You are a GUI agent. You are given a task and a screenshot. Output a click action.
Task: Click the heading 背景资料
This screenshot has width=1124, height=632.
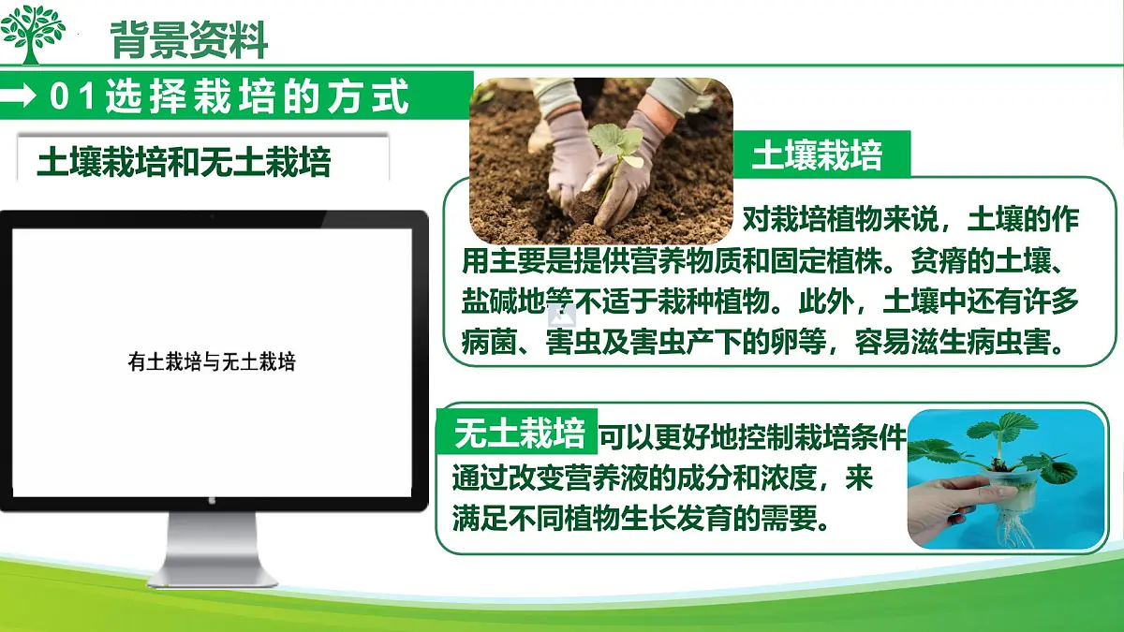pos(188,39)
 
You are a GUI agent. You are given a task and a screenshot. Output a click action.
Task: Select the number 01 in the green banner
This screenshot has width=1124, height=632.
pos(74,96)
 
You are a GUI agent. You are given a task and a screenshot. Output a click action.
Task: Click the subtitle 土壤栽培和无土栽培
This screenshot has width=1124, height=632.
pos(185,162)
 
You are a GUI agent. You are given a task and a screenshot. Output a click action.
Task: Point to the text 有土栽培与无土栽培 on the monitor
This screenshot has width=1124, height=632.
pos(212,361)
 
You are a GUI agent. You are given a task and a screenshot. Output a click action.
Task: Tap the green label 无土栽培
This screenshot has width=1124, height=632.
pos(519,433)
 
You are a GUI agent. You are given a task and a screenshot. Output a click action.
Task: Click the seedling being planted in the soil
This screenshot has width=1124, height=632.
pos(614,150)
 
